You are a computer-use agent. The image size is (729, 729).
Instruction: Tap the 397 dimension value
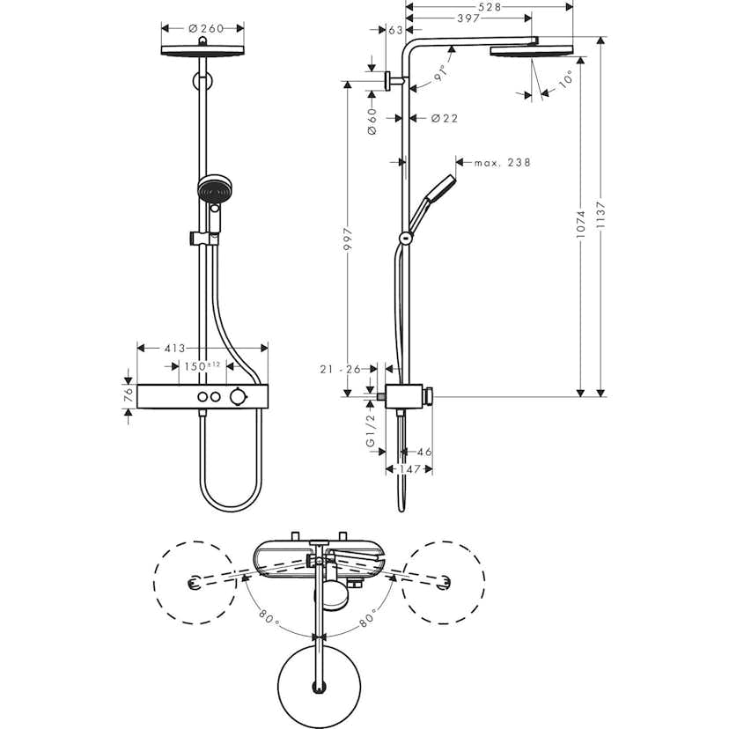click(468, 18)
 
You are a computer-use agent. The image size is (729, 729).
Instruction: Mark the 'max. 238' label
click(502, 162)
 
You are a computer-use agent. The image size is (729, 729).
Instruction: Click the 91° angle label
click(440, 76)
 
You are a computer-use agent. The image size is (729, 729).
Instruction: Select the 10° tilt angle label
click(563, 79)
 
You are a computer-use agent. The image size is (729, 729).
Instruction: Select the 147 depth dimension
click(409, 469)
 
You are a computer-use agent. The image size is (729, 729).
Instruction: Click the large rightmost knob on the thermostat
click(237, 398)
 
